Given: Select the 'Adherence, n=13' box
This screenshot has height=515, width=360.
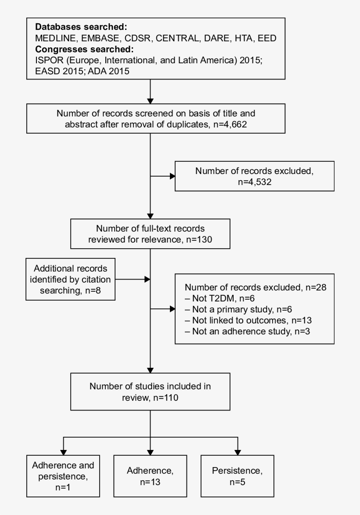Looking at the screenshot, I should pos(150,476).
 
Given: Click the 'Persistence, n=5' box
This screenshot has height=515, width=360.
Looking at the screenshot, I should pos(238,476).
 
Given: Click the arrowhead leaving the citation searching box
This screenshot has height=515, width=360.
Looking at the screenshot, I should pos(148,279).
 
